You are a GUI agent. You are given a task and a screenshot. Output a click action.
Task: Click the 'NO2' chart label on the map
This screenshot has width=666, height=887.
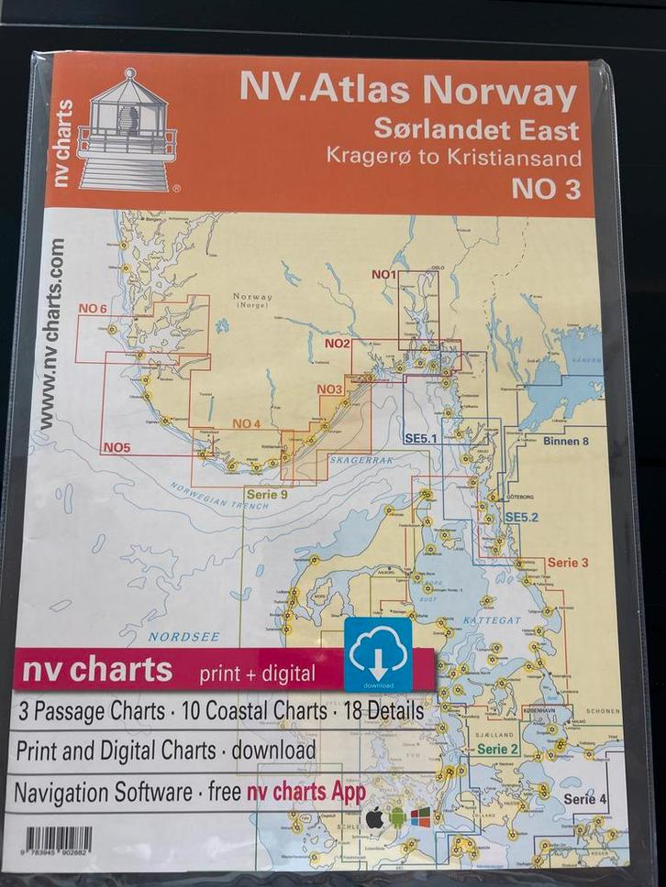(x=338, y=344)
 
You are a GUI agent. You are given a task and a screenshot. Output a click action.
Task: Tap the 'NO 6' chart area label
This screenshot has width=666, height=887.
(x=94, y=309)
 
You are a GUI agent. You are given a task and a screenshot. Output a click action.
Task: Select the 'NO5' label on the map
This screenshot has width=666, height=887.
(x=117, y=447)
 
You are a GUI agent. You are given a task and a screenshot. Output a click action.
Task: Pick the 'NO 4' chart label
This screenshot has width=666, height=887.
(x=247, y=423)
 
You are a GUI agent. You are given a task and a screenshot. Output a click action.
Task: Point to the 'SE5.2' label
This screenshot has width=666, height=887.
(x=521, y=518)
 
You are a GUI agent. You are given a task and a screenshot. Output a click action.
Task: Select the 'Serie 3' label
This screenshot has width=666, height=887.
(x=568, y=563)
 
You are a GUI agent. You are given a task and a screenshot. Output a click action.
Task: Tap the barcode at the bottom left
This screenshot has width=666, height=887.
(x=58, y=839)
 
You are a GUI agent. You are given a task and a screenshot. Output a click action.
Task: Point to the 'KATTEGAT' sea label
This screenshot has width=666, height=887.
(x=497, y=620)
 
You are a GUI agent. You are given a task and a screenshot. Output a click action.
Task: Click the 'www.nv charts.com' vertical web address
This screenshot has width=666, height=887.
(x=51, y=335)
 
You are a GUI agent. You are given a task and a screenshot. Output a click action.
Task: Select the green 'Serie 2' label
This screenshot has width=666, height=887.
(x=499, y=749)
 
